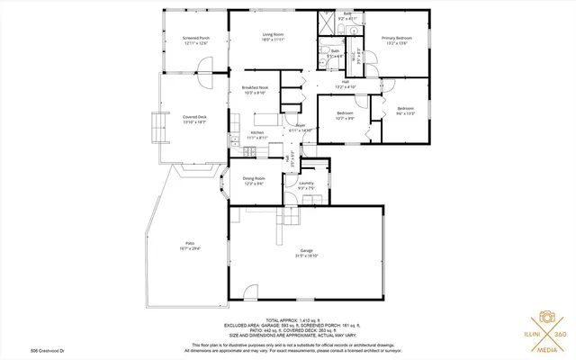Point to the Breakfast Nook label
click(x=255, y=87)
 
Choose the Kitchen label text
click(x=257, y=132)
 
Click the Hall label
click(x=346, y=82)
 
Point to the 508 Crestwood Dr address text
click(x=24, y=351)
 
